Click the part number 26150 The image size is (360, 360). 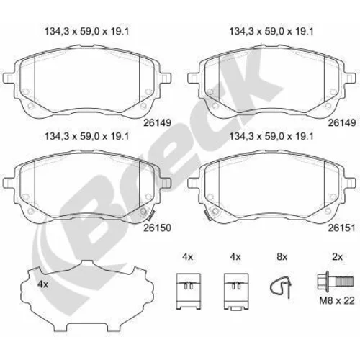pyautogui.click(x=157, y=228)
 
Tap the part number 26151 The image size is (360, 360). pyautogui.click(x=342, y=228)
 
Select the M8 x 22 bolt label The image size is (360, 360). pyautogui.click(x=337, y=300)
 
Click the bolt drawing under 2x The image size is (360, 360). pyautogui.click(x=335, y=282)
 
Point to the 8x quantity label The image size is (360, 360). pyautogui.click(x=282, y=257)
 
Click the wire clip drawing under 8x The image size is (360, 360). pyautogui.click(x=282, y=287)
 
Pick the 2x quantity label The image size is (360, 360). pyautogui.click(x=337, y=257)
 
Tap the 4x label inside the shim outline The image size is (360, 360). pyautogui.click(x=43, y=284)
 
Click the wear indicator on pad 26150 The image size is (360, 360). pyautogui.click(x=150, y=215)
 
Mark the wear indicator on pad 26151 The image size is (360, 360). pyautogui.click(x=207, y=215)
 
